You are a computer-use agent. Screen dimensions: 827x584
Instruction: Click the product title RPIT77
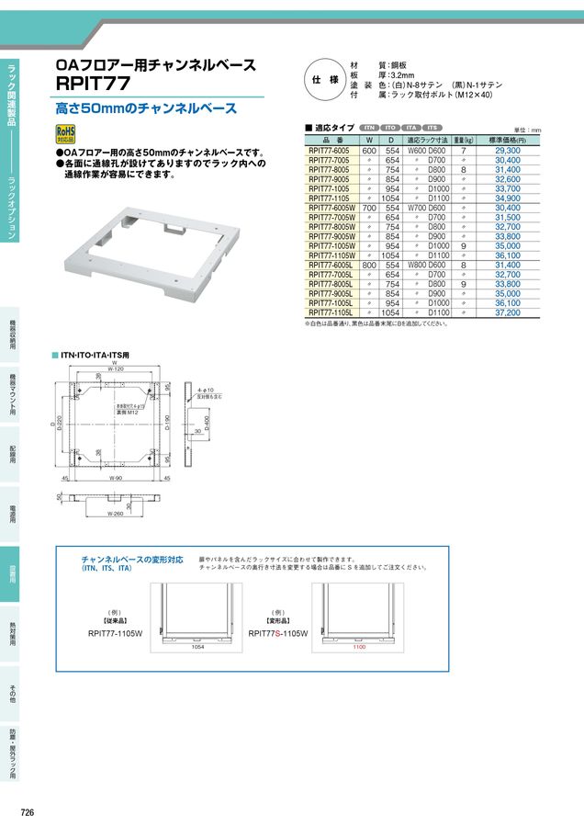point(91,84)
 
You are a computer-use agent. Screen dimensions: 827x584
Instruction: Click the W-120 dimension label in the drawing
point(115,369)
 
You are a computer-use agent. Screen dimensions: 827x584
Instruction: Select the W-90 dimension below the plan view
point(117,479)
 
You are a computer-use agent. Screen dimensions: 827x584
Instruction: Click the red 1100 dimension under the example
point(359,647)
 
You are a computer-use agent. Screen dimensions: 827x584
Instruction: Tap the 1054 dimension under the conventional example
point(197,647)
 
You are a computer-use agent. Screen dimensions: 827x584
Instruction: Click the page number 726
point(28,813)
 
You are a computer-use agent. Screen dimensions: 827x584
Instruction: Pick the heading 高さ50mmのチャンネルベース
point(147,108)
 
